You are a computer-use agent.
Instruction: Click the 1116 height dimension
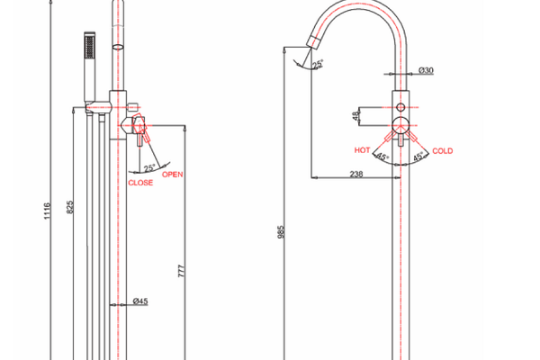[47, 211]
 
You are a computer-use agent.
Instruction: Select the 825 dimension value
[70, 207]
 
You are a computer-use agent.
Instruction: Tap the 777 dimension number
[182, 271]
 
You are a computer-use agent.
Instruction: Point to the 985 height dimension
[281, 232]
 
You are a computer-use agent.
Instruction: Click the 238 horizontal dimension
[356, 174]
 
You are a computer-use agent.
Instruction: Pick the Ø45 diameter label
[140, 301]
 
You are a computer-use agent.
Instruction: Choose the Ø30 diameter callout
[426, 70]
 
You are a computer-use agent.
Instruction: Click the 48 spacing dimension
[355, 116]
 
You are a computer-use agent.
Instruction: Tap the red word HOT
[363, 150]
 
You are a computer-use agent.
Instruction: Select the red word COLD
[443, 151]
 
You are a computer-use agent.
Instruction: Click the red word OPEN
[173, 175]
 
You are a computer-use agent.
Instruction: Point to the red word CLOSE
[140, 183]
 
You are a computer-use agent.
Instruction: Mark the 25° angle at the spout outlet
[318, 64]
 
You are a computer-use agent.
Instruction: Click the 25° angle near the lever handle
[149, 167]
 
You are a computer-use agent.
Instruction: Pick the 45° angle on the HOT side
[382, 157]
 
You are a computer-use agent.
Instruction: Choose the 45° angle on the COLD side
[418, 157]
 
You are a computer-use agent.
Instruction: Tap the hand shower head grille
[89, 46]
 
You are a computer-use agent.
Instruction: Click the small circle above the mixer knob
[400, 107]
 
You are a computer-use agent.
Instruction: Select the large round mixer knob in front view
[400, 125]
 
